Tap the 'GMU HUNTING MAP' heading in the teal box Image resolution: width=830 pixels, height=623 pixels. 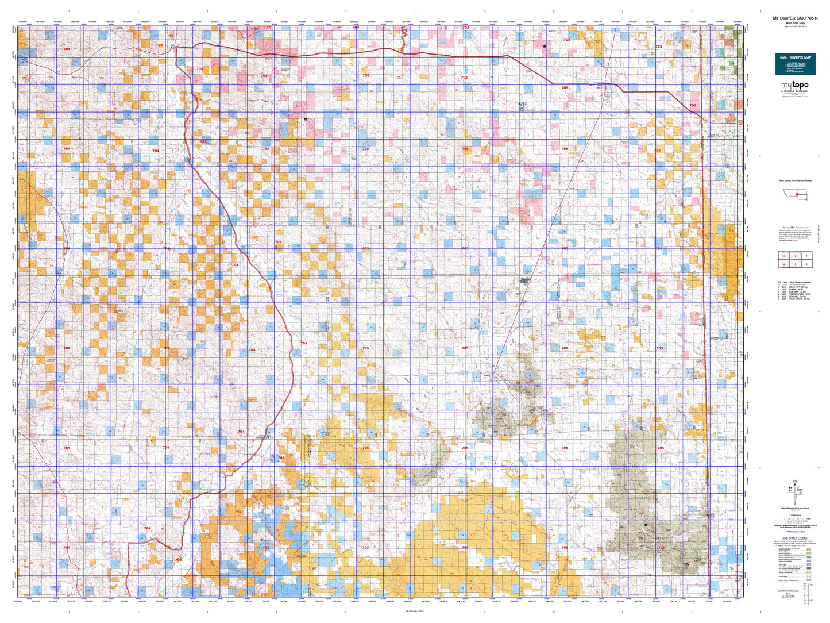(795, 57)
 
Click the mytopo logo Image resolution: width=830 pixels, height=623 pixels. (794, 86)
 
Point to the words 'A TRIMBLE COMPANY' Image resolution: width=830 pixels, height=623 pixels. (794, 91)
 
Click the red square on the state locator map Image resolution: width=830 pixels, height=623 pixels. (797, 195)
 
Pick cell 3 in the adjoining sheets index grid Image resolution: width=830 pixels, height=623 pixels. (806, 256)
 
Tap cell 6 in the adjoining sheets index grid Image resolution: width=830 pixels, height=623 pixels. (806, 264)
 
